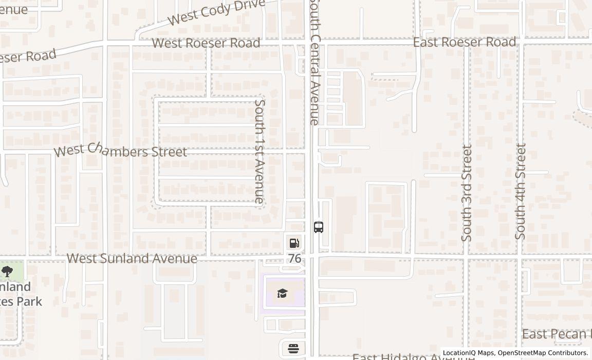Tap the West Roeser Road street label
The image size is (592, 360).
pyautogui.click(x=206, y=43)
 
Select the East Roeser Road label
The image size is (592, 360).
pyautogui.click(x=464, y=42)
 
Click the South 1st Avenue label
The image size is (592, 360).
pyautogui.click(x=260, y=151)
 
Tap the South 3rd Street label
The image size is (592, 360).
pyautogui.click(x=467, y=193)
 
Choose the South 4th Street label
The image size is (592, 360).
pyautogui.click(x=521, y=191)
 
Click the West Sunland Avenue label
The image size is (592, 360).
pyautogui.click(x=132, y=258)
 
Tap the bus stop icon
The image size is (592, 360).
pyautogui.click(x=319, y=227)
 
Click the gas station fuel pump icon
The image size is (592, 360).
pyautogui.click(x=294, y=243)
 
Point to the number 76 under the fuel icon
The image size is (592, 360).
pyautogui.click(x=294, y=258)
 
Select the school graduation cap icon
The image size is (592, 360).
pyautogui.click(x=282, y=294)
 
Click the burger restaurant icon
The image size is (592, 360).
pyautogui.click(x=293, y=349)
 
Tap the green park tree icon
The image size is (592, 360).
pyautogui.click(x=7, y=272)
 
